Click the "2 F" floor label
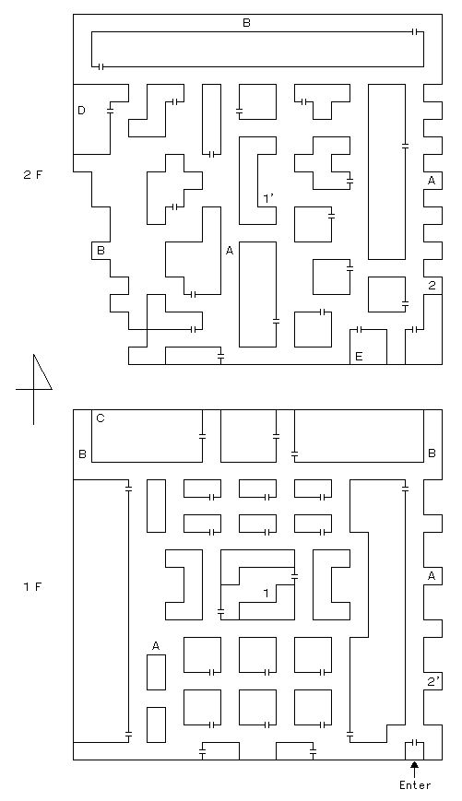click(x=33, y=175)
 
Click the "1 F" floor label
click(x=33, y=586)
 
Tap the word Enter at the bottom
click(x=415, y=785)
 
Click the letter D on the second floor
click(x=81, y=111)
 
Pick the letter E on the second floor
click(x=358, y=357)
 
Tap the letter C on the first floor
click(x=101, y=418)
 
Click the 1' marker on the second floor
click(x=268, y=198)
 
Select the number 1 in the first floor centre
click(x=266, y=593)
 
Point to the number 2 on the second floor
click(x=432, y=286)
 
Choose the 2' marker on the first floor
click(x=432, y=681)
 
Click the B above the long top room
click(x=246, y=23)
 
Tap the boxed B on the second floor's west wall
click(x=101, y=251)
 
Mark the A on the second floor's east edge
click(x=432, y=181)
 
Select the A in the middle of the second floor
click(x=230, y=251)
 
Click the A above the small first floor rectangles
click(x=156, y=646)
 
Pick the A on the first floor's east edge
click(x=432, y=576)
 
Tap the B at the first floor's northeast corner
click(x=432, y=454)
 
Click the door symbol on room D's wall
click(x=110, y=111)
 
